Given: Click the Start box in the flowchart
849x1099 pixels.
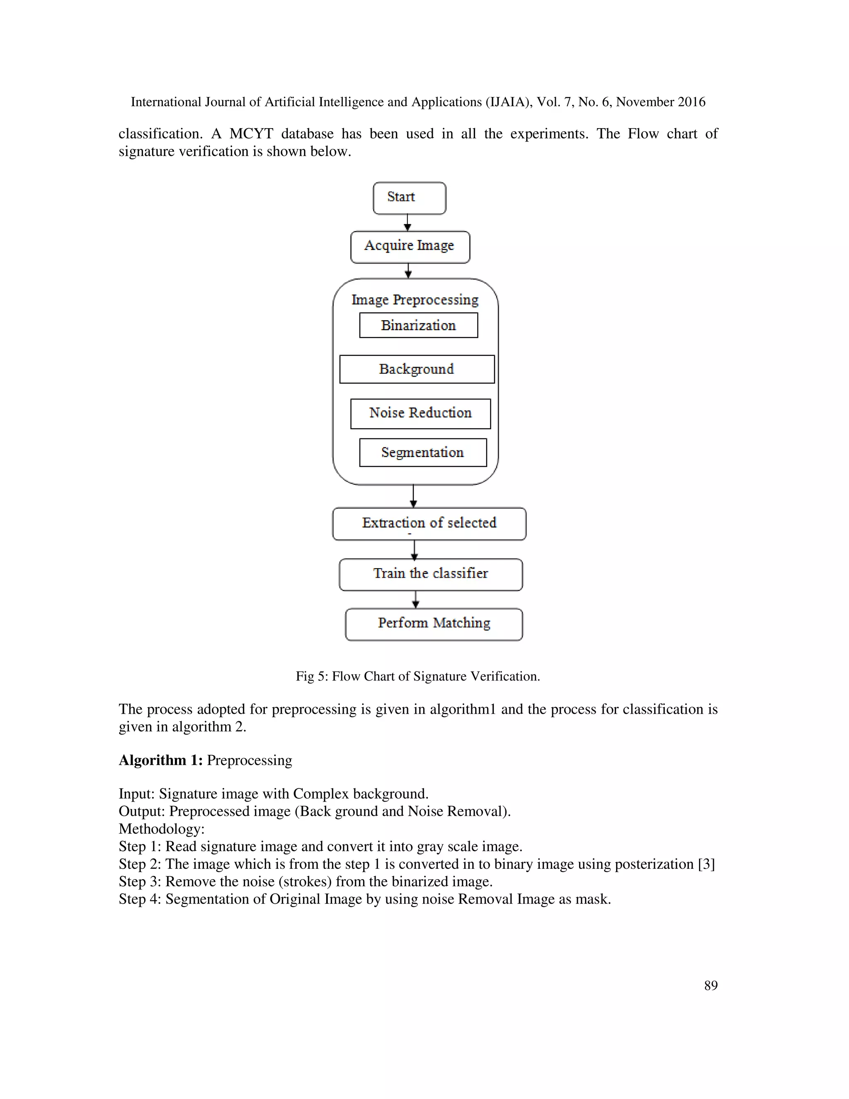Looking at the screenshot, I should (x=409, y=198).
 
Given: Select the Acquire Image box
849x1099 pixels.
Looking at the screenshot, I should (x=410, y=247).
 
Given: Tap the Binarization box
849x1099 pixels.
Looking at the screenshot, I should (x=418, y=325).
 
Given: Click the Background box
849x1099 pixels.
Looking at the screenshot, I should (x=417, y=369).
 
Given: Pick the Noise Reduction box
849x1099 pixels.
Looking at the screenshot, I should (x=420, y=413).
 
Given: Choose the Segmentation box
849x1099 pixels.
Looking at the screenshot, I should (x=422, y=452).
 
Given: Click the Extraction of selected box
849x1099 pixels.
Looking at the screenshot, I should (x=429, y=523).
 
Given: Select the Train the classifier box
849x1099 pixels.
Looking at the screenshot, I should (x=431, y=574).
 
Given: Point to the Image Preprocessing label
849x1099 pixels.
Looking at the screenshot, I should (x=415, y=300).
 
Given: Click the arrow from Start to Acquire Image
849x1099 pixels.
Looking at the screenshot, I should (x=408, y=222).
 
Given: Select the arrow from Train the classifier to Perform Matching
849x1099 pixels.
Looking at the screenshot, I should (x=415, y=599).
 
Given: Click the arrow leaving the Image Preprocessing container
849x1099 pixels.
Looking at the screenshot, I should (x=413, y=496).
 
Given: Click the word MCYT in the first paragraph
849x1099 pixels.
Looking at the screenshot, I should (x=251, y=134).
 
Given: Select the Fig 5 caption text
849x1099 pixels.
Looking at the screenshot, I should (x=417, y=676).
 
